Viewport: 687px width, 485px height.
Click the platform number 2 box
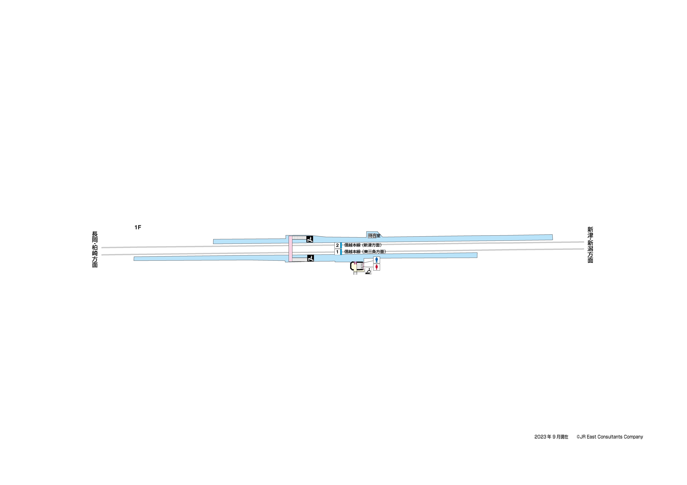coord(337,245)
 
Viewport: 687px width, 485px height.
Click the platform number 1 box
coord(337,252)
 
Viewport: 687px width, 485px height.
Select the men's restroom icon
coord(376,260)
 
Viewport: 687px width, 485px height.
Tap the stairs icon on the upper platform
coord(310,239)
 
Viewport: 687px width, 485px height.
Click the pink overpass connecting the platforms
coord(290,249)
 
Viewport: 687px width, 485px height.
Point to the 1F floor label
coord(138,227)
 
